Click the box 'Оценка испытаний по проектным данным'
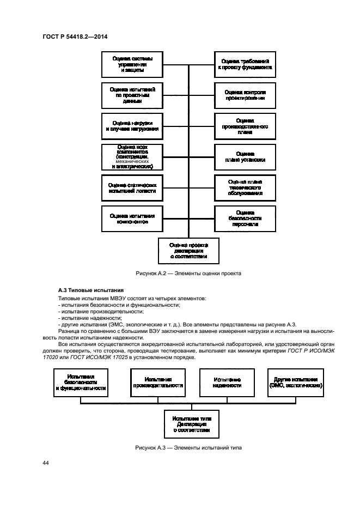(x=132, y=95)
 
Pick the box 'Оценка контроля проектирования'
(x=245, y=95)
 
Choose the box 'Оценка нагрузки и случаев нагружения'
(x=132, y=126)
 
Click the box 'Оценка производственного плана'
(x=245, y=126)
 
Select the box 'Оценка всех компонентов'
(x=132, y=157)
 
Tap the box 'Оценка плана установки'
(x=245, y=157)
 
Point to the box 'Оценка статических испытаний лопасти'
(x=132, y=188)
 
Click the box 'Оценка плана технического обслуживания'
(x=245, y=188)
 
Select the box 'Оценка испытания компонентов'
(x=132, y=218)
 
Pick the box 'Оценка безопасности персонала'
(x=245, y=218)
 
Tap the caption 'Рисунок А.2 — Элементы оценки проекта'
(x=188, y=274)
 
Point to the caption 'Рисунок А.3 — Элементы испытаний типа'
(x=188, y=447)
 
